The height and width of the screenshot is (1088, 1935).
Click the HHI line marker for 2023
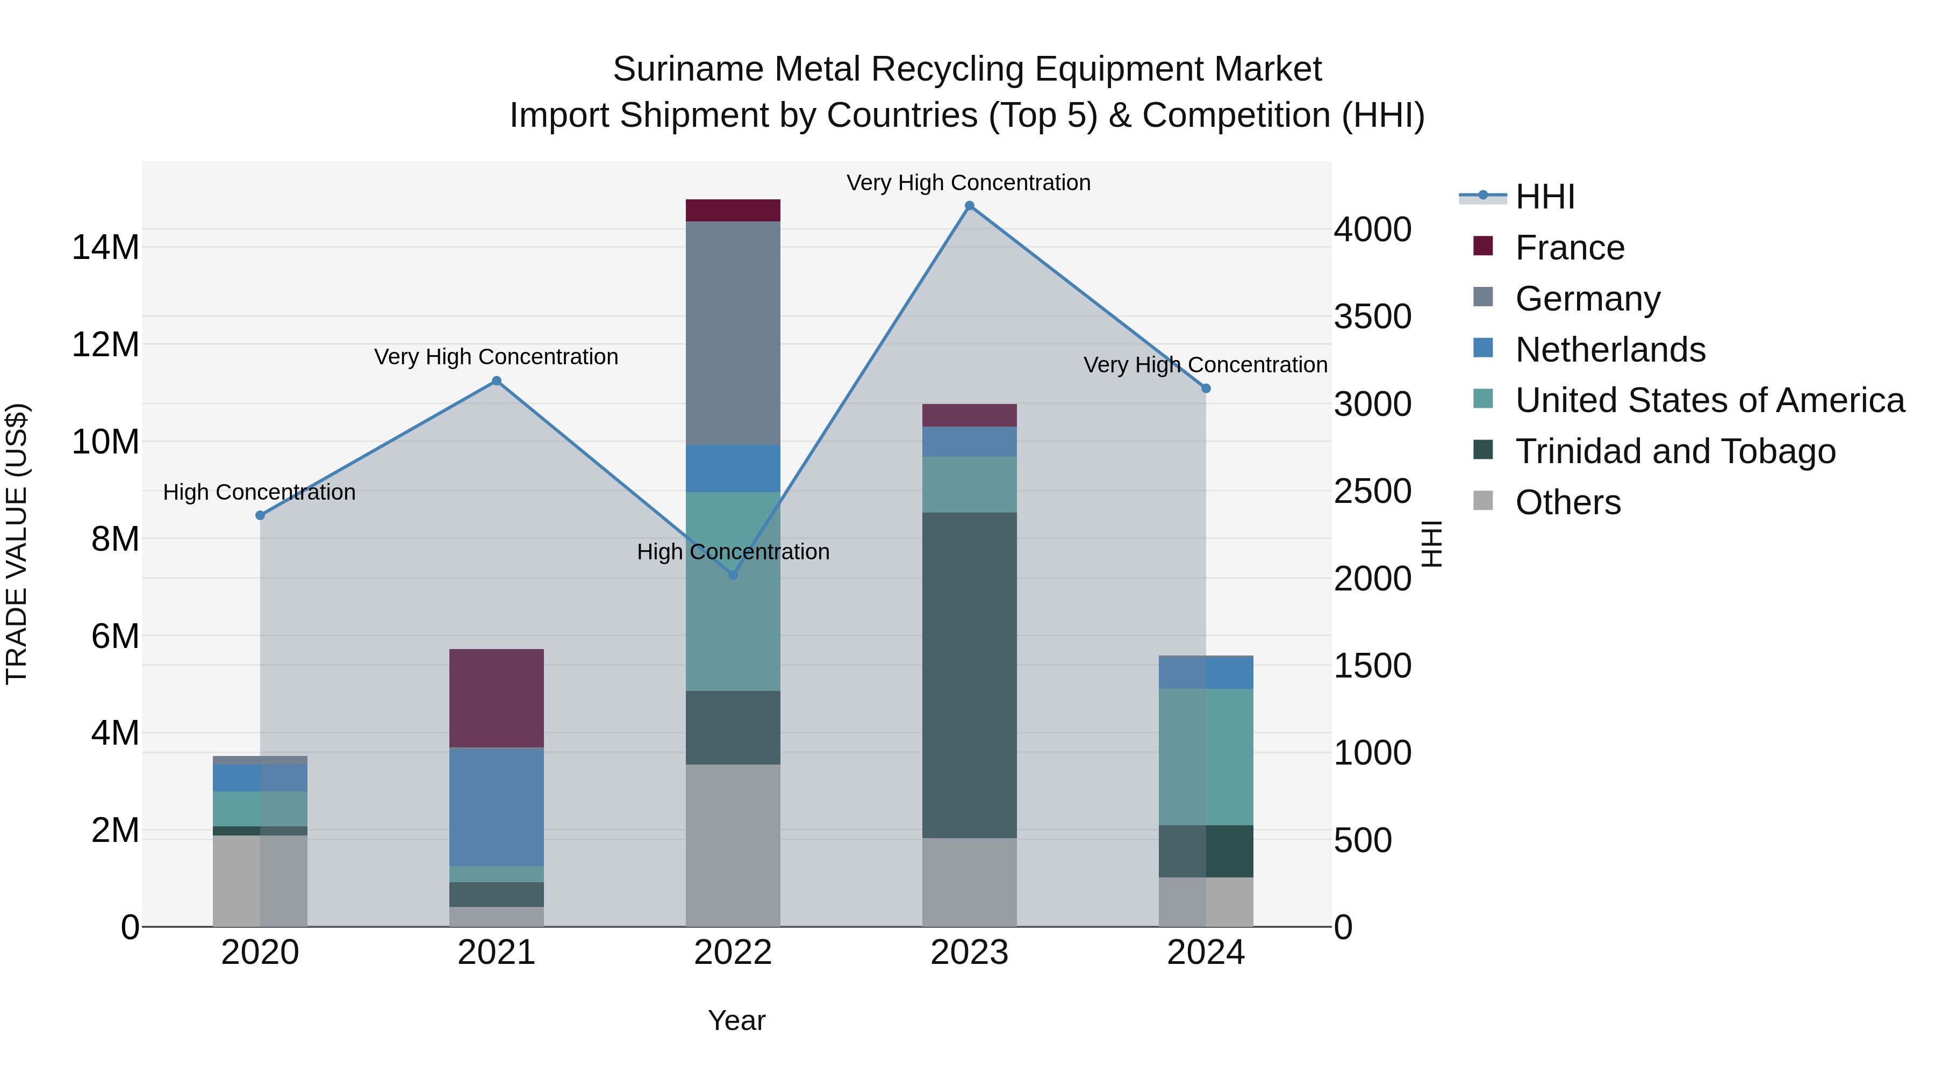tap(969, 206)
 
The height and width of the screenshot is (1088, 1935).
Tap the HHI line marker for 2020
tap(260, 515)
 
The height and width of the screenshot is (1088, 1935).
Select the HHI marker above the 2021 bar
tap(497, 381)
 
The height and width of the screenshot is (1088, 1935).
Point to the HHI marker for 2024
tap(1206, 388)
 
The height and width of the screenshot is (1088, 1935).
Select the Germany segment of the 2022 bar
tap(733, 333)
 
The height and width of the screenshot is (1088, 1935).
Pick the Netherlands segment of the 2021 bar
tap(497, 806)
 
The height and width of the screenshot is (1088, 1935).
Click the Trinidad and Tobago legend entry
tap(1674, 451)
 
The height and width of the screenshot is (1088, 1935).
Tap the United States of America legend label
tap(1710, 400)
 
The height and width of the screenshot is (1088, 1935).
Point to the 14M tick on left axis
tap(105, 247)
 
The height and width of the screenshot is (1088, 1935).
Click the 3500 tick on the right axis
tap(1372, 316)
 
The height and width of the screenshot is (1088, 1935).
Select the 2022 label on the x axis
tap(733, 953)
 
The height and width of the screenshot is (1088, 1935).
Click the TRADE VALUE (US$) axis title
tap(17, 544)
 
